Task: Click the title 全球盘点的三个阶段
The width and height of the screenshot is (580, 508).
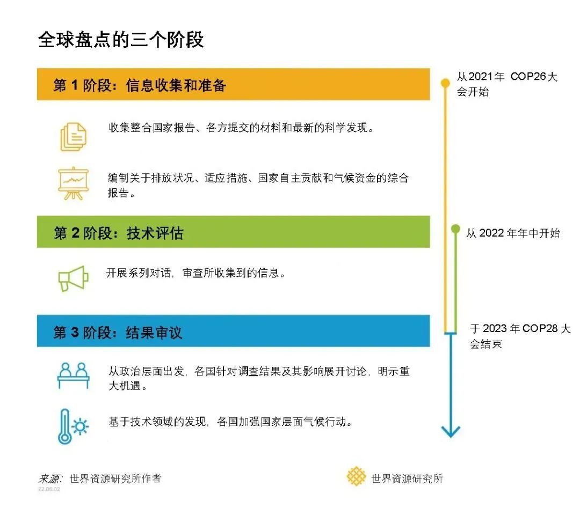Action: pyautogui.click(x=121, y=40)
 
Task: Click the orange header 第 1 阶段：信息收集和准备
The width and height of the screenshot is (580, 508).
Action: pyautogui.click(x=140, y=85)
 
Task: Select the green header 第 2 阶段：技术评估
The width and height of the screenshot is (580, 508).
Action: pyautogui.click(x=119, y=233)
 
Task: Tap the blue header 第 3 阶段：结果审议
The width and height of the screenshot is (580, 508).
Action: pyautogui.click(x=118, y=332)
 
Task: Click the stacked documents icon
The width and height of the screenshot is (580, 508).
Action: pyautogui.click(x=73, y=136)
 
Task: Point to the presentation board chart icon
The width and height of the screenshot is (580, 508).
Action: pyautogui.click(x=73, y=183)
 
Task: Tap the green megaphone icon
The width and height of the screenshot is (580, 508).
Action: pyautogui.click(x=73, y=278)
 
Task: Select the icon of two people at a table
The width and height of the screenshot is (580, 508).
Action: pyautogui.click(x=73, y=375)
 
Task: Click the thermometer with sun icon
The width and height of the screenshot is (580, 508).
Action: pyautogui.click(x=73, y=426)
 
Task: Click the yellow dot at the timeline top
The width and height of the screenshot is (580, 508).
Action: pyautogui.click(x=445, y=83)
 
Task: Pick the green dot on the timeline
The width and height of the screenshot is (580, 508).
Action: pyautogui.click(x=455, y=229)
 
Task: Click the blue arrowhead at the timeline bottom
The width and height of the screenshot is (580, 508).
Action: pyautogui.click(x=451, y=430)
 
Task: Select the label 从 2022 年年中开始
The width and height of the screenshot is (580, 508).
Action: pyautogui.click(x=512, y=233)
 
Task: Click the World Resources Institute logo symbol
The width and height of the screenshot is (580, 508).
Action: pyautogui.click(x=356, y=476)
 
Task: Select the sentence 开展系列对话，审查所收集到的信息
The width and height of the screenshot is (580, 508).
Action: pyautogui.click(x=194, y=273)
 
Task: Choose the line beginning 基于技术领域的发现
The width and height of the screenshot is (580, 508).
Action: pyautogui.click(x=230, y=422)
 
